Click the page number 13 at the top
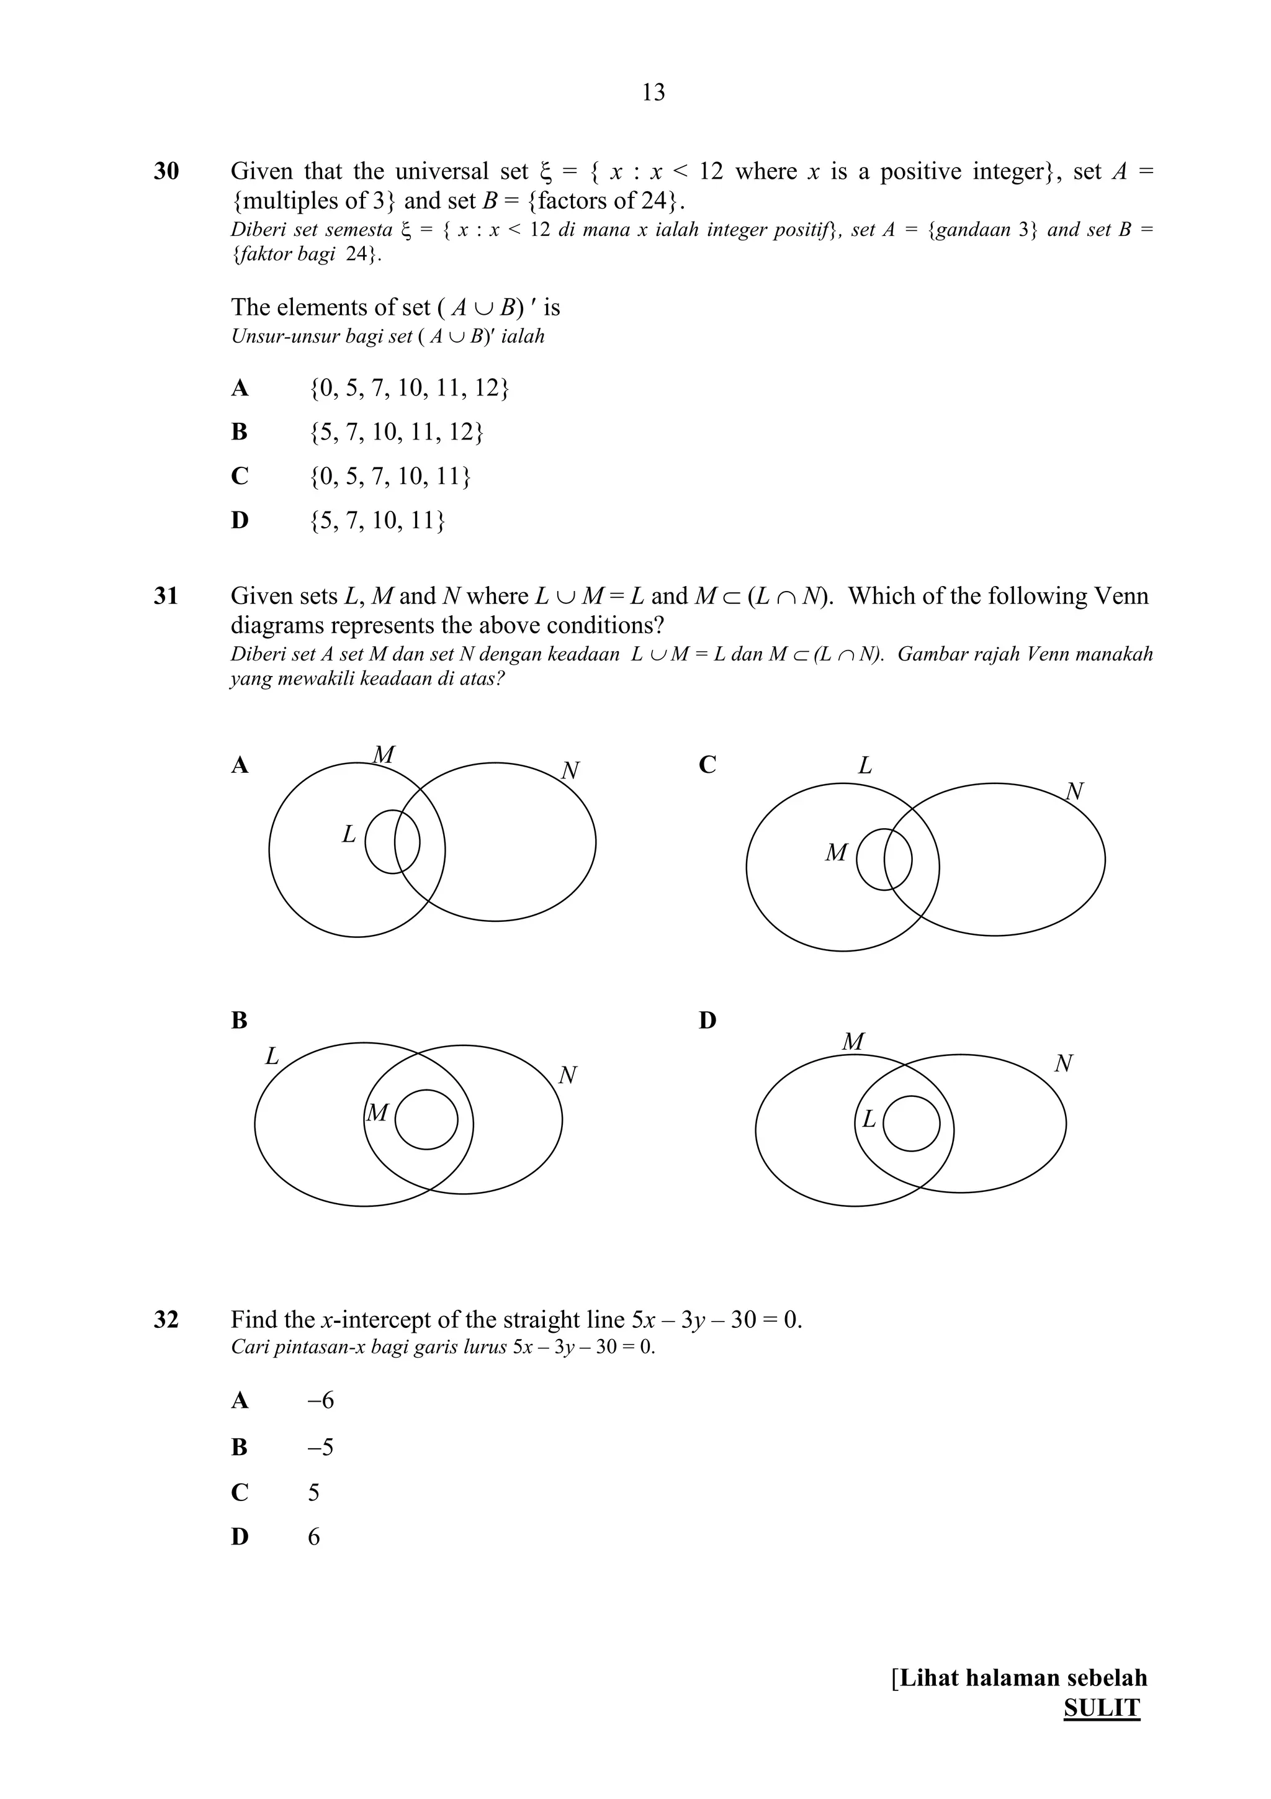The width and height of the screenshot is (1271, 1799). coord(653,92)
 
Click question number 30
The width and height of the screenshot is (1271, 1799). coord(166,171)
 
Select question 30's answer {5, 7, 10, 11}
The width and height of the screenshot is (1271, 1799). coord(377,520)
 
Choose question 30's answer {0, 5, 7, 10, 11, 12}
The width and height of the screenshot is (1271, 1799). coord(410,388)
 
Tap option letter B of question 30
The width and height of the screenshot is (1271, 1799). coord(240,431)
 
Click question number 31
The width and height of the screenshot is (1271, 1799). coord(166,597)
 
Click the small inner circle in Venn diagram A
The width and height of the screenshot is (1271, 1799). coord(392,842)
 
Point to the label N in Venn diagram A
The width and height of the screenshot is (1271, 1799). coord(570,771)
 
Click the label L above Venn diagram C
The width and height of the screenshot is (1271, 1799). coord(865,765)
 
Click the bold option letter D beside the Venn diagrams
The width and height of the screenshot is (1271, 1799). coord(707,1020)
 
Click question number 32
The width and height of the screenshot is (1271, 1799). coord(166,1320)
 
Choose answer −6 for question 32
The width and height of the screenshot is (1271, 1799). coord(321,1401)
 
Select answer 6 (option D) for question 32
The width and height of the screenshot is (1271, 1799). coord(314,1537)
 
